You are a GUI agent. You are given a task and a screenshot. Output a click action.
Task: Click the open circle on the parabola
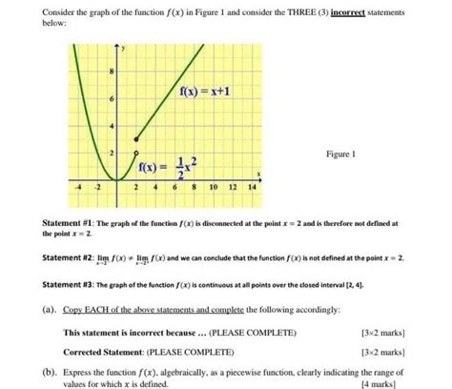click(x=135, y=154)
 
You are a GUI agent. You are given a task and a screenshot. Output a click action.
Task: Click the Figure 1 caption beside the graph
click(x=339, y=153)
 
